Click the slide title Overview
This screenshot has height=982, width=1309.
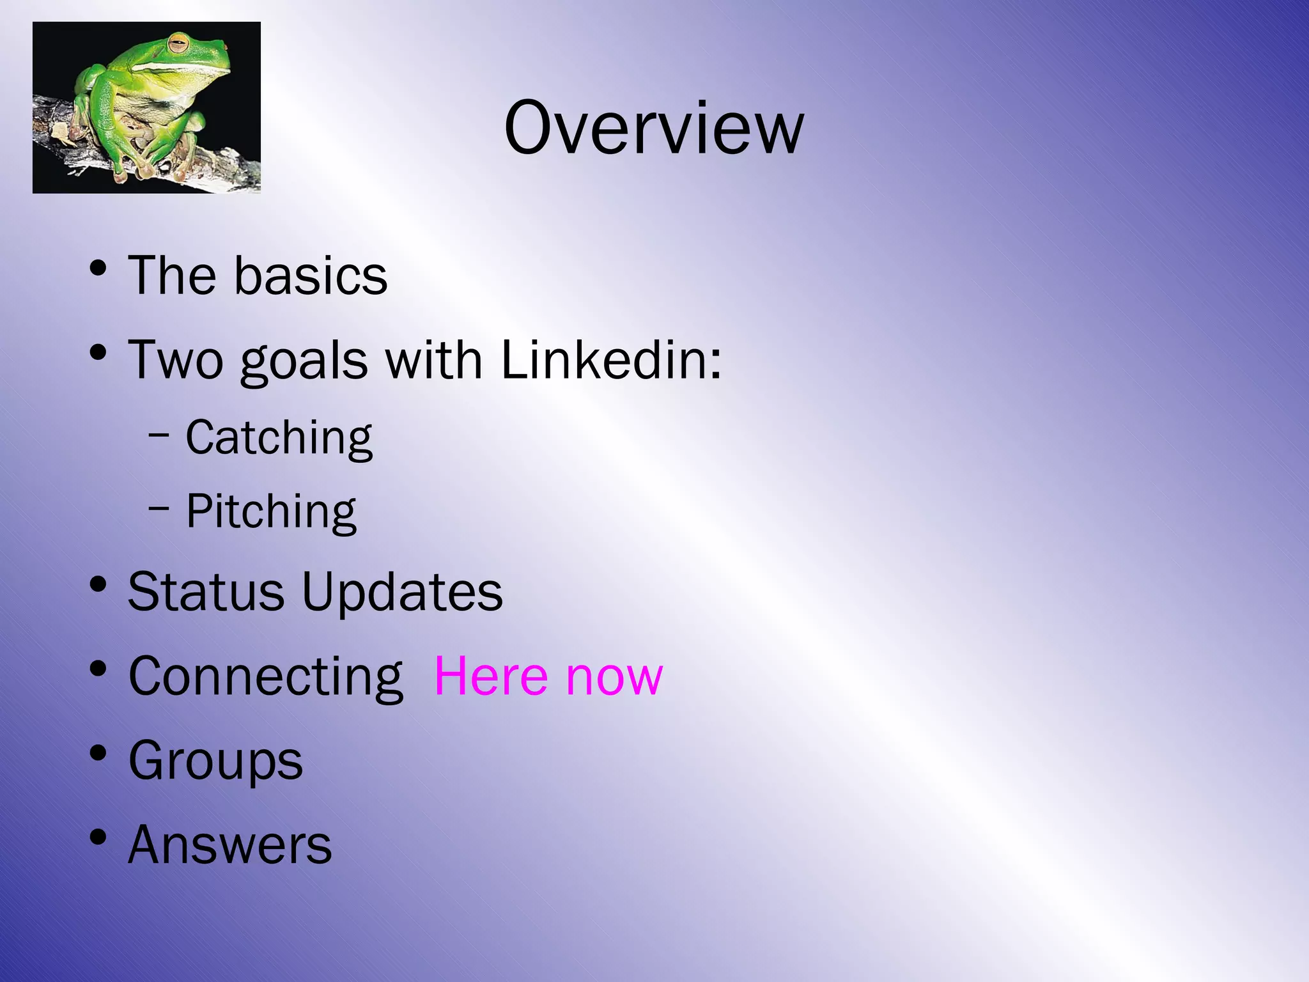point(653,128)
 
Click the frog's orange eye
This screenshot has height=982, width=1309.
point(178,45)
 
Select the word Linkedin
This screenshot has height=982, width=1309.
point(610,359)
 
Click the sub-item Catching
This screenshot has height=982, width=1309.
point(279,438)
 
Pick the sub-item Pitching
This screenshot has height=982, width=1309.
point(271,511)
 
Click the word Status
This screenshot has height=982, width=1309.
point(206,591)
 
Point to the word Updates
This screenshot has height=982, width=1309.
point(402,591)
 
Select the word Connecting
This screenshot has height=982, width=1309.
point(265,676)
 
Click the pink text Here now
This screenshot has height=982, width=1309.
point(548,676)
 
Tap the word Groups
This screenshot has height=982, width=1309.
point(215,761)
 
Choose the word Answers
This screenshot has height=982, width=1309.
point(230,845)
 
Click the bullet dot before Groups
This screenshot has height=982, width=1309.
point(98,752)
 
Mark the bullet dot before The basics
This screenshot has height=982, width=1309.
point(98,267)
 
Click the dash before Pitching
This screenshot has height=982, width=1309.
point(159,509)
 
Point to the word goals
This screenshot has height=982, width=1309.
point(304,361)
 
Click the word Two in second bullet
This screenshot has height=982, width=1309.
point(176,359)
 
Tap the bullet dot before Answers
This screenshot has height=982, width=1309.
point(98,837)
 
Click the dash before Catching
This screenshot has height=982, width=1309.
point(159,435)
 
